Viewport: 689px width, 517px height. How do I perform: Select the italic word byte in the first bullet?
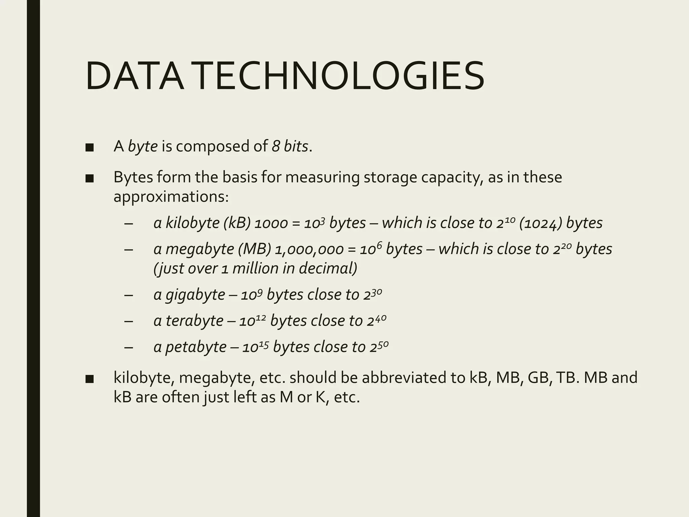[x=143, y=146]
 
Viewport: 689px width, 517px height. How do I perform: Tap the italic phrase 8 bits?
[x=290, y=146]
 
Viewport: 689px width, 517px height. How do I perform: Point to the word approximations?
[x=171, y=197]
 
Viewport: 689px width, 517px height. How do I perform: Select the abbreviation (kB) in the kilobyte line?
[x=237, y=223]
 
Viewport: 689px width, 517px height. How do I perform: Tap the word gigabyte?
[x=195, y=295]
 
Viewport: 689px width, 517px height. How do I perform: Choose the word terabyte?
[x=194, y=320]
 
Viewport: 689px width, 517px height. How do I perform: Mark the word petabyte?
[x=196, y=347]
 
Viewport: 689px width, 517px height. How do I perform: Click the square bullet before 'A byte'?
[x=89, y=147]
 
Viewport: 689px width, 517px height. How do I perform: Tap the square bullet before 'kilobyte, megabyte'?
[x=89, y=379]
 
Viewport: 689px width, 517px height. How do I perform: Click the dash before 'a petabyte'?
[x=128, y=347]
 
